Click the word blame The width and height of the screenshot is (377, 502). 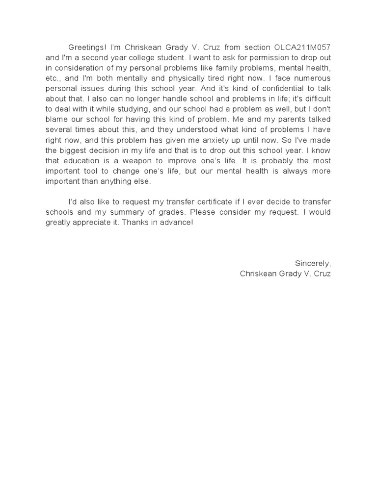[56, 121]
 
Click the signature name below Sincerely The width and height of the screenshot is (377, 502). [285, 274]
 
